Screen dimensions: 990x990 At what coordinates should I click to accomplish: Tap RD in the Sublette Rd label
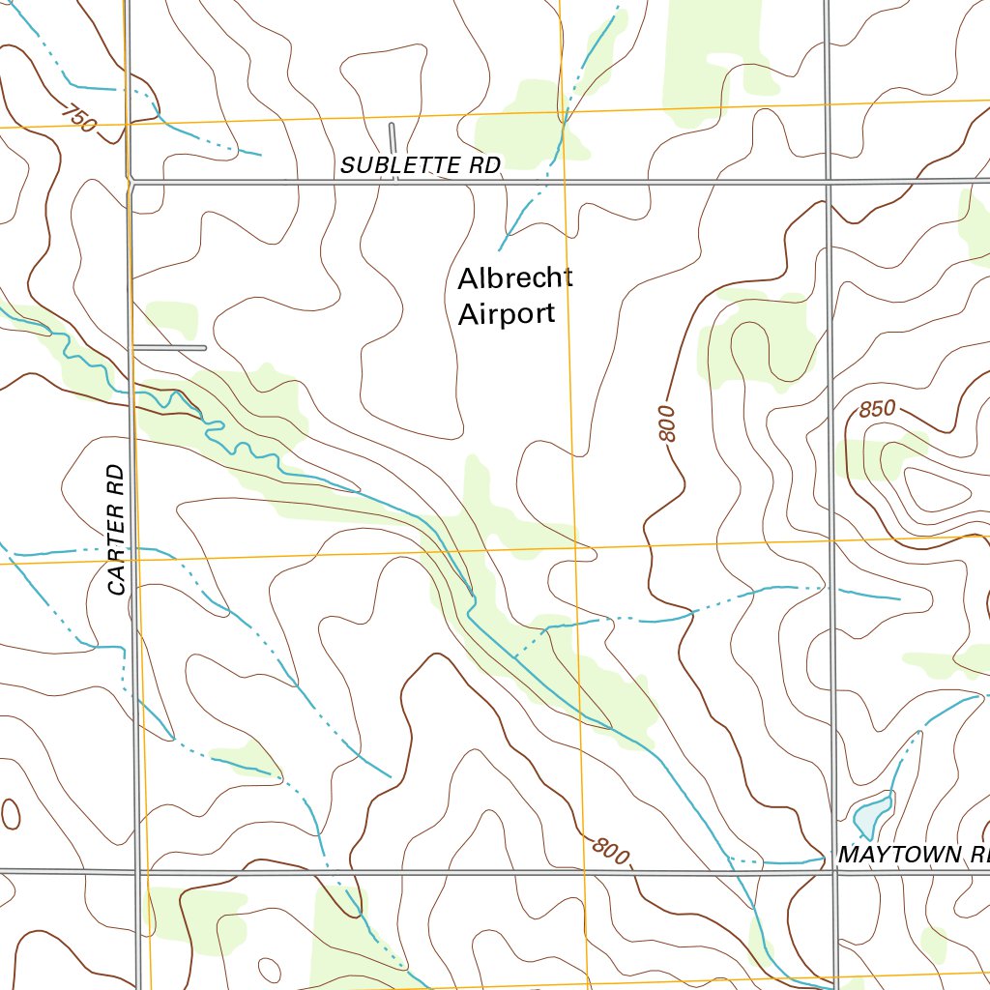pos(485,165)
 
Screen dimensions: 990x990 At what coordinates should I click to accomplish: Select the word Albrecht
pos(514,278)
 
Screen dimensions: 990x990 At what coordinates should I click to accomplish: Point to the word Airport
pos(507,314)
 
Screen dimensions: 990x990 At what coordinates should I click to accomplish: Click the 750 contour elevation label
pos(77,119)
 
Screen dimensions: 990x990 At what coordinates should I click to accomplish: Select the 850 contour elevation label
pos(877,409)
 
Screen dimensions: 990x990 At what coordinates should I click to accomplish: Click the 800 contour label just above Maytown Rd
pos(610,851)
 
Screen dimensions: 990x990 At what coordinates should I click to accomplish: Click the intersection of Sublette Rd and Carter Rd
pos(130,181)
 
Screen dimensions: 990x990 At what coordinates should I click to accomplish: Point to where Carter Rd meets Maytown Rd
pos(137,872)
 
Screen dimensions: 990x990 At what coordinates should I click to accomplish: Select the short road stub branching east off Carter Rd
pos(171,346)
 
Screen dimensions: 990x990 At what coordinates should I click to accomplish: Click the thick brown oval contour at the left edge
pos(10,814)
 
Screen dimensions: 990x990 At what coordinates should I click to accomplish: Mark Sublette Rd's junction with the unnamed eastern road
pos(829,181)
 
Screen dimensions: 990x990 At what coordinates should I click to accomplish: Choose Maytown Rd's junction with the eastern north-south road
pos(835,868)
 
